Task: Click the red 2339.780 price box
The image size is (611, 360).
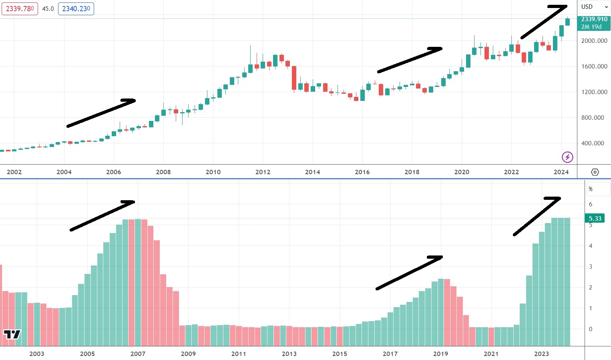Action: tap(20, 8)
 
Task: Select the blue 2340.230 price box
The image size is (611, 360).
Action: tap(76, 8)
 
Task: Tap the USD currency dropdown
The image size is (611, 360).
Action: tap(594, 7)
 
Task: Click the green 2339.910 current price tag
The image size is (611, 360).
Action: tap(594, 23)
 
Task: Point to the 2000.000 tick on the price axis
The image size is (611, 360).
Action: tap(594, 40)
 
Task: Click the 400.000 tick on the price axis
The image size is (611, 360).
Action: tap(593, 143)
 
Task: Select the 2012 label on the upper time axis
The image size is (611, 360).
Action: tap(263, 172)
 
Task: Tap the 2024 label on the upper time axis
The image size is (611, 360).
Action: tap(561, 172)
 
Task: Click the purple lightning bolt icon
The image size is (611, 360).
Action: tap(567, 157)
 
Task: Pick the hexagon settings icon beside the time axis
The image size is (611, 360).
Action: tap(595, 172)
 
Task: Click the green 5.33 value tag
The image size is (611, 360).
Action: tap(595, 218)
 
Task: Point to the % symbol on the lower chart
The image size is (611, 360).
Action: tap(591, 189)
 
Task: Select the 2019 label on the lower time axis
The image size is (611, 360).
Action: tap(440, 354)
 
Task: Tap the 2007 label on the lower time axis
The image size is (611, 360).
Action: tap(138, 354)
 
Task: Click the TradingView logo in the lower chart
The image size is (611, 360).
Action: tap(12, 334)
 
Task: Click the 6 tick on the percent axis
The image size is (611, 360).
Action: tap(591, 204)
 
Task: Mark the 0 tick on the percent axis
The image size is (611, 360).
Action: tap(591, 329)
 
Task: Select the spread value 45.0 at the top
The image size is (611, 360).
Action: tap(48, 8)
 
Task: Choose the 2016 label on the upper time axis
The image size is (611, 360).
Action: tap(362, 172)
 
